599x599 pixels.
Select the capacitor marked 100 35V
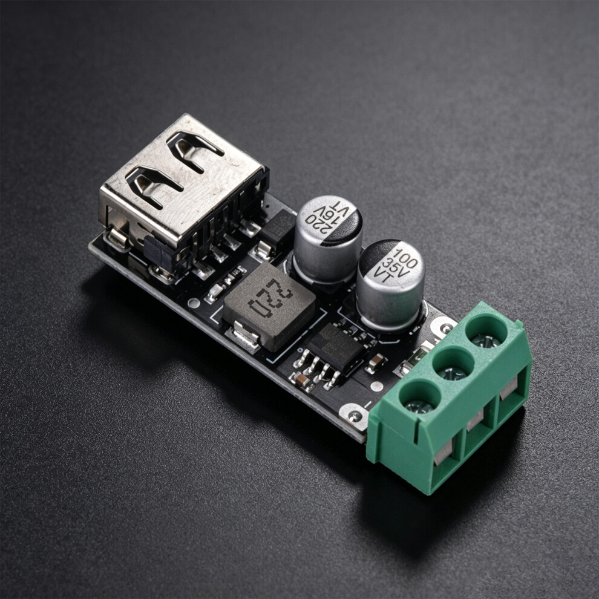coord(390,284)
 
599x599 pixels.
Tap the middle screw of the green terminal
coord(453,373)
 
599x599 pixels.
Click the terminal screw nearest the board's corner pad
coord(419,407)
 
